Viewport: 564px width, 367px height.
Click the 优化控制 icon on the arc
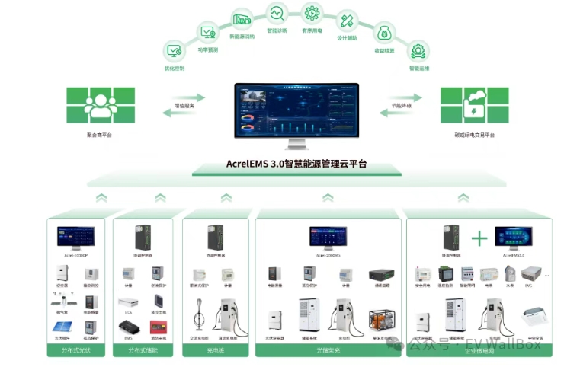point(174,52)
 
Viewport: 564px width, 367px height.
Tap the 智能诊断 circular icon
point(276,14)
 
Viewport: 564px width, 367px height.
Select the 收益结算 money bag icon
point(385,33)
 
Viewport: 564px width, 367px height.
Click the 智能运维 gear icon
point(418,52)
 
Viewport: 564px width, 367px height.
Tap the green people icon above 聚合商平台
point(101,105)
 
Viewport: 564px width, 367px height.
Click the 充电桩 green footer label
point(216,349)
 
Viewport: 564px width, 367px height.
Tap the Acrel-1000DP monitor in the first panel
point(76,238)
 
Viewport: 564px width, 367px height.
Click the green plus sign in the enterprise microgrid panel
point(479,239)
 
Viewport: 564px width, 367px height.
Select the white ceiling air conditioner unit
point(532,316)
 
